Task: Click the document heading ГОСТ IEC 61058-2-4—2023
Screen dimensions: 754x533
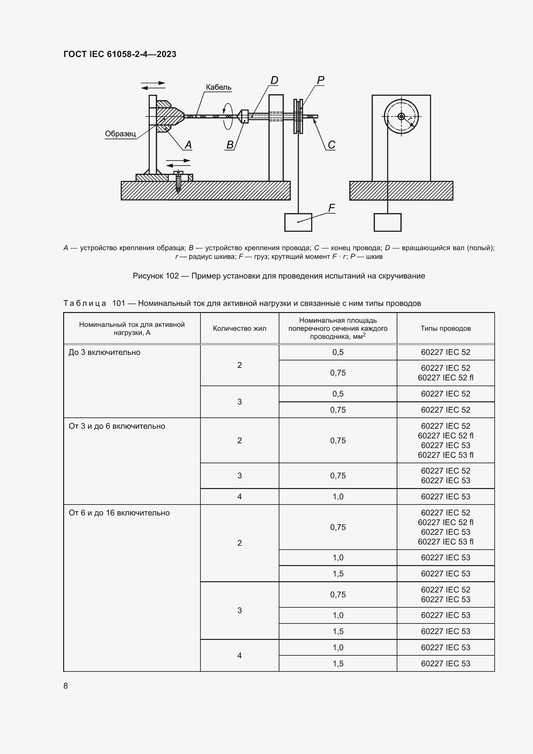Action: tap(120, 54)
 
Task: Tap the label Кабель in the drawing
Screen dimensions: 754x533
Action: tap(218, 87)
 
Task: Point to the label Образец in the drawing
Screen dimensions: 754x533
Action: tap(120, 134)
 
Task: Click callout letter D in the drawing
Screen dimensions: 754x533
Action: tap(274, 80)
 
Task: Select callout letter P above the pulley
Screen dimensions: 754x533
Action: tap(320, 80)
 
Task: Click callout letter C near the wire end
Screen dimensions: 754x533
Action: tap(332, 145)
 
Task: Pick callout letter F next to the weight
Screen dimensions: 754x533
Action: tap(332, 208)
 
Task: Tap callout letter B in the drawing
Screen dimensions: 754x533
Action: tap(230, 145)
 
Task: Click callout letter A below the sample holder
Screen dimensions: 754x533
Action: tap(188, 145)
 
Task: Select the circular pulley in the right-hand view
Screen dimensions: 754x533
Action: tap(401, 116)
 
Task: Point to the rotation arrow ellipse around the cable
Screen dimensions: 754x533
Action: tap(228, 116)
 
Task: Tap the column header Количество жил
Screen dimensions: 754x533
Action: tap(239, 328)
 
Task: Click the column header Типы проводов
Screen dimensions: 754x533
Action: tap(445, 328)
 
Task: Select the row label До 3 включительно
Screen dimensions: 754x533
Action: tap(104, 352)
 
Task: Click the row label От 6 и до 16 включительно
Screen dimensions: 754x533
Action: tap(119, 513)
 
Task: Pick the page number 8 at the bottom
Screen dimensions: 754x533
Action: tap(66, 686)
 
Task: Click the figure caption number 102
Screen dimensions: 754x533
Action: tap(172, 276)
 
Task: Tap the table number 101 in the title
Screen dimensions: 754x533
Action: tap(119, 303)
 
